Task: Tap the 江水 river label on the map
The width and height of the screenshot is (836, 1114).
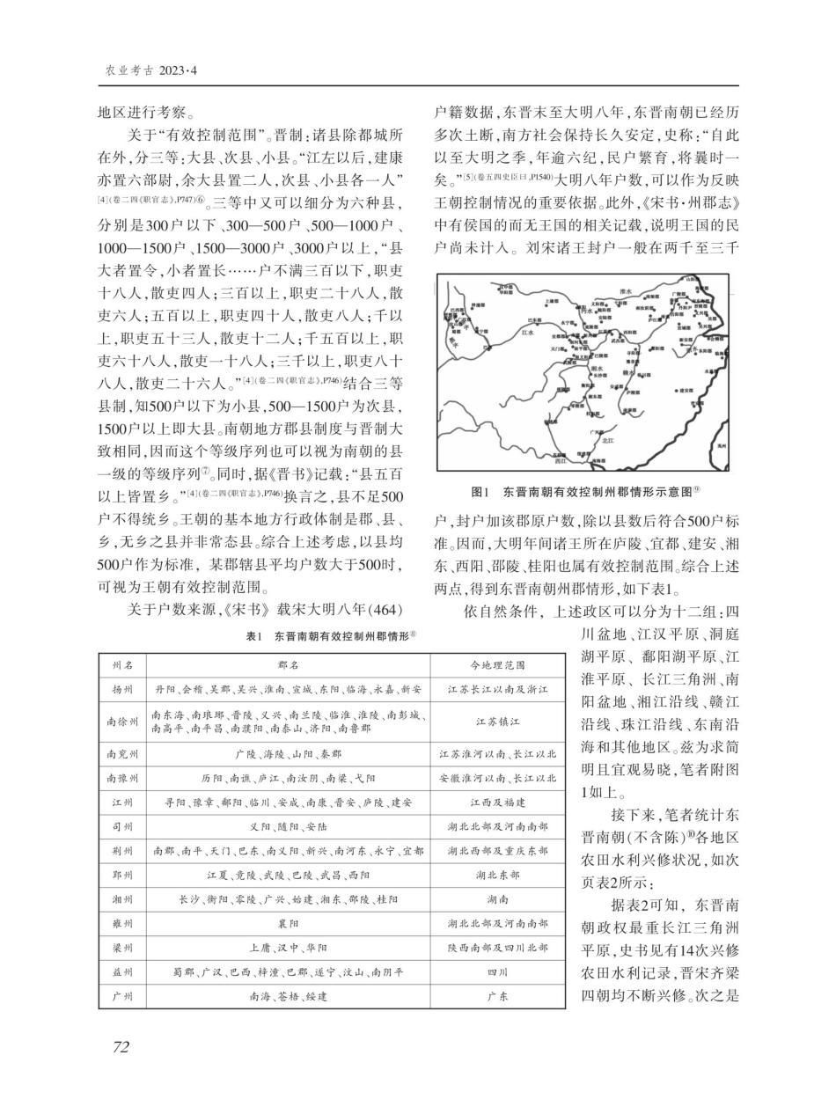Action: point(529,333)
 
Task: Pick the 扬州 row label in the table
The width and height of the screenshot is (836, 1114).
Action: point(122,689)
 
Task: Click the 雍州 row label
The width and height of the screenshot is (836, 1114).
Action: point(122,924)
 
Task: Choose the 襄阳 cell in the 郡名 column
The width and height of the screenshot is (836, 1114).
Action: point(288,924)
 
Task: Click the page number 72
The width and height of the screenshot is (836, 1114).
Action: point(121,1045)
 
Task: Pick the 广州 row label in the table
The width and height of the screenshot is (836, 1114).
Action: point(122,997)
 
